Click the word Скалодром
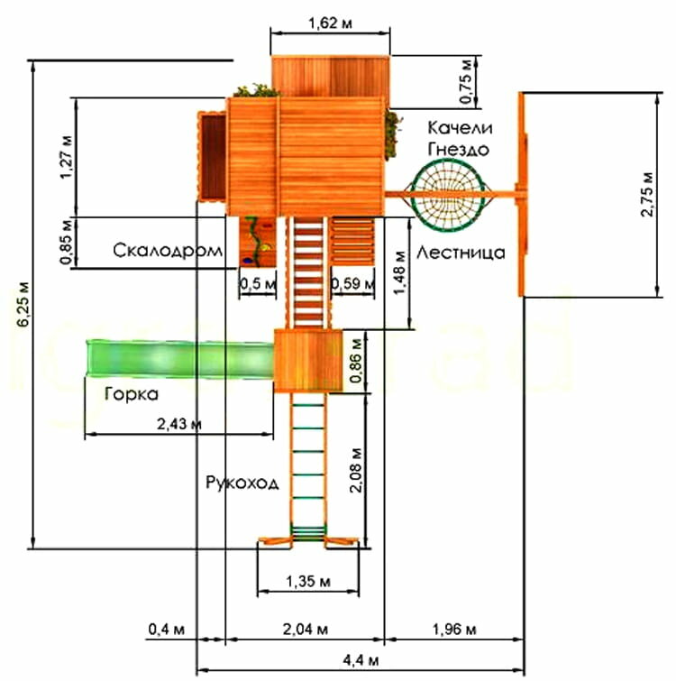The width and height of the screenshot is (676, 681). (168, 251)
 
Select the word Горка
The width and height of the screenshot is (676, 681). (132, 394)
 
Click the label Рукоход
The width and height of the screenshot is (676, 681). (242, 483)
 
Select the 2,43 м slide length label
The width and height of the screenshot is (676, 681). (178, 423)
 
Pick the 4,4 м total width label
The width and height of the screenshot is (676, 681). (361, 662)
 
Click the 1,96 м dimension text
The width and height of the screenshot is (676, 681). (454, 628)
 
